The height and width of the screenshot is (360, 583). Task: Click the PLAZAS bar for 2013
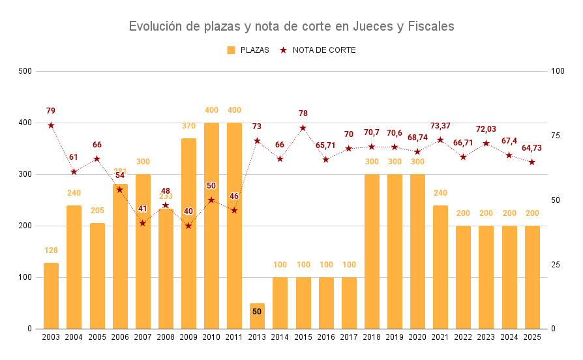coord(257,316)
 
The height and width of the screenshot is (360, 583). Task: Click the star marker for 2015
coord(303,128)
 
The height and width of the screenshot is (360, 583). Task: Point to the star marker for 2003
coord(51,125)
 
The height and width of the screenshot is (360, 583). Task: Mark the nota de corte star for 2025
coord(531,162)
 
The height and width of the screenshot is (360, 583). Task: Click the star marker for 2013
coord(257,141)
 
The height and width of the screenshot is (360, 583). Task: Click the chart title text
coord(291,26)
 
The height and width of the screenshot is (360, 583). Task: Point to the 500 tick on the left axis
coord(25,71)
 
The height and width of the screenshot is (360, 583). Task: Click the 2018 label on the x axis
coord(372,337)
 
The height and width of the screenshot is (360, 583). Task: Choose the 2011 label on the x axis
coord(234,337)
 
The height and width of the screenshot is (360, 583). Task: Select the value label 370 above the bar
coord(188,126)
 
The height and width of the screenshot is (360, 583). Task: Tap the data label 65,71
coord(325,145)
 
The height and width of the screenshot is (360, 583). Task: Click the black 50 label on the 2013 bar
coord(257,312)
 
